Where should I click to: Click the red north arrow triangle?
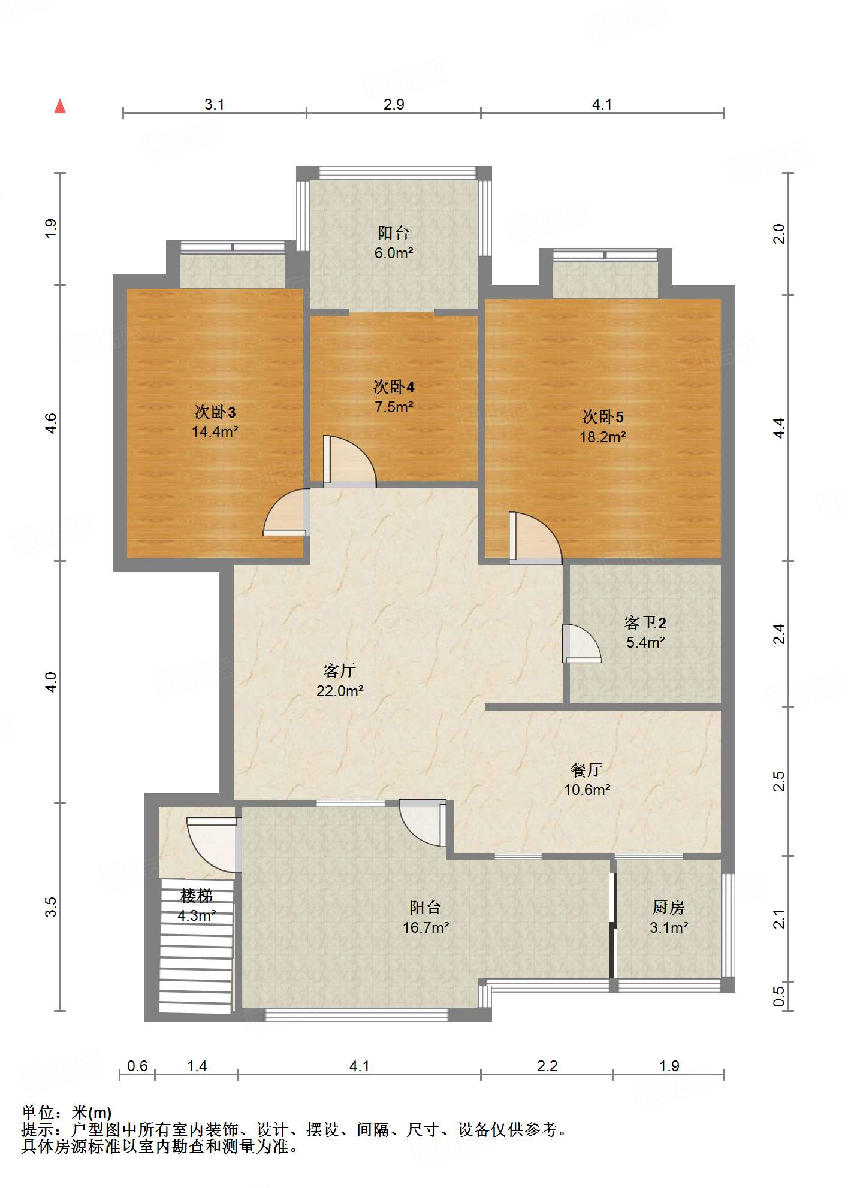coord(60,107)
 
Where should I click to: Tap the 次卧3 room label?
coord(215,412)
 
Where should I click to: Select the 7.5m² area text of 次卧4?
coord(394,407)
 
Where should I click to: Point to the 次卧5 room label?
coord(603,416)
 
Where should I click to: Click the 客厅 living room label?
coord(340,670)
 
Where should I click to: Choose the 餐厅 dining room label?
coord(587,769)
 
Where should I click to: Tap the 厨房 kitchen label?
coord(669,907)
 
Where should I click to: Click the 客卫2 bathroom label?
coord(645,622)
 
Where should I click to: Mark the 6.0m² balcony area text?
coord(394,253)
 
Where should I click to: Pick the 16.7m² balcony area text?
coord(426,927)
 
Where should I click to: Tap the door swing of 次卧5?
coord(536,537)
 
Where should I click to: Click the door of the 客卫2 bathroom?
coord(581,643)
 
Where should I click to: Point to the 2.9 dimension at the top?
coord(394,104)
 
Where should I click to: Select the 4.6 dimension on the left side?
coord(51,424)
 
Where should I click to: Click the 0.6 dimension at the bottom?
coord(137,1066)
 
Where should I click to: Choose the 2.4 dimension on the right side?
coord(778,634)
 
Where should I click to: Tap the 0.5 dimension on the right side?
coord(778,996)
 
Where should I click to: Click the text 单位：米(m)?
coord(67,1113)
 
